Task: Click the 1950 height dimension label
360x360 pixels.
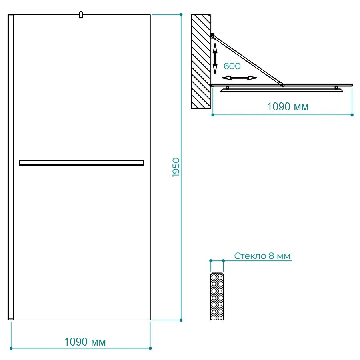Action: tap(176, 167)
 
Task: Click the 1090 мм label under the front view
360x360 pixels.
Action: tap(85, 342)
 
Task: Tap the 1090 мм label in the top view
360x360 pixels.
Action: tap(288, 107)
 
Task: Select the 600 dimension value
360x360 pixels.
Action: tap(232, 66)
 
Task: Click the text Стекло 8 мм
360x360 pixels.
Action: tap(262, 256)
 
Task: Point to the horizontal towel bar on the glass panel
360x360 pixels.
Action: tap(82, 162)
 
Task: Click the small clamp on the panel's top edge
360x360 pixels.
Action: tap(80, 14)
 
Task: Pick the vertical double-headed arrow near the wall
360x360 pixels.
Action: tap(215, 58)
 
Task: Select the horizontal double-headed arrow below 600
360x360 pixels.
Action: tap(239, 78)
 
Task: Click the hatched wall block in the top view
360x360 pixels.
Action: tap(201, 62)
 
